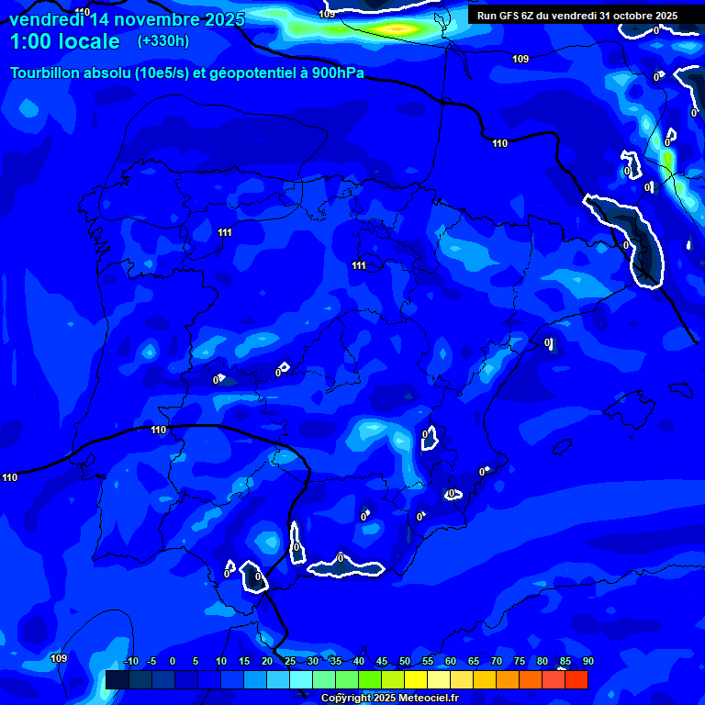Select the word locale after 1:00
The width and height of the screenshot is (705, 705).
86,41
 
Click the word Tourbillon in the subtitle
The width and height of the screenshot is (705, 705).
47,73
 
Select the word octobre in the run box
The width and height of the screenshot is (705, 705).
626,16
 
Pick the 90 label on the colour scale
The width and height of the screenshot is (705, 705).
587,662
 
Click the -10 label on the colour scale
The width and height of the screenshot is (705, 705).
130,662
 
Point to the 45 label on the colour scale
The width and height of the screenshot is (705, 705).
381,662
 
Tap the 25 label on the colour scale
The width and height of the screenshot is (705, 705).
289,662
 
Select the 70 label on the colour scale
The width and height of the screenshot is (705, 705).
496,662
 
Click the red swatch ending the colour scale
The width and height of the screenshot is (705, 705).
576,679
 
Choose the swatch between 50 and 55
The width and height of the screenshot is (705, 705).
416,679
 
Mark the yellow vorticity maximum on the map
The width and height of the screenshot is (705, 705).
398,29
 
